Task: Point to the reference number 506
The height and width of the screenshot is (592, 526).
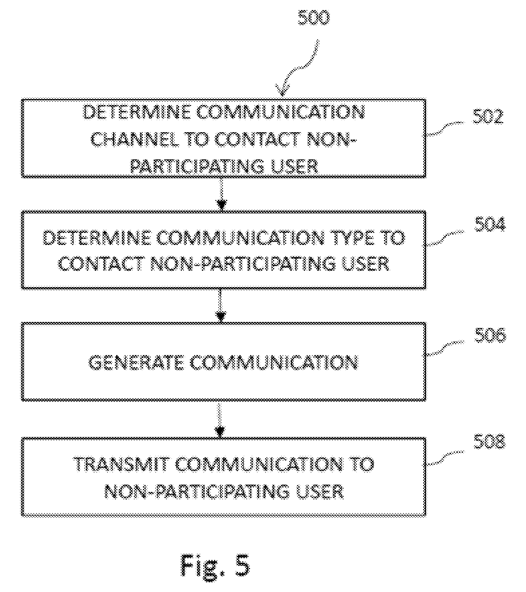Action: tap(490, 335)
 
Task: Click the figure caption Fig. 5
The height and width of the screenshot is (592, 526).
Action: tap(215, 565)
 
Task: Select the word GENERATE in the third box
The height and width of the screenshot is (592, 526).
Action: tap(137, 362)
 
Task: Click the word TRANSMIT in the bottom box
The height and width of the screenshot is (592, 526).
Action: tap(121, 464)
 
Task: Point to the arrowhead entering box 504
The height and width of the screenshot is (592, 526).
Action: tap(221, 205)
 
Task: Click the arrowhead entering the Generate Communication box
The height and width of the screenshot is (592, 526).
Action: tap(221, 317)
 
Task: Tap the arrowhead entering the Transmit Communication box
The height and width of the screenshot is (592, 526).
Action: tap(220, 431)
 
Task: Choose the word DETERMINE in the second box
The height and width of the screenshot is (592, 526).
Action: tap(97, 238)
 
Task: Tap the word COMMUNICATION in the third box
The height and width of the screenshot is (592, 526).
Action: tap(274, 362)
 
